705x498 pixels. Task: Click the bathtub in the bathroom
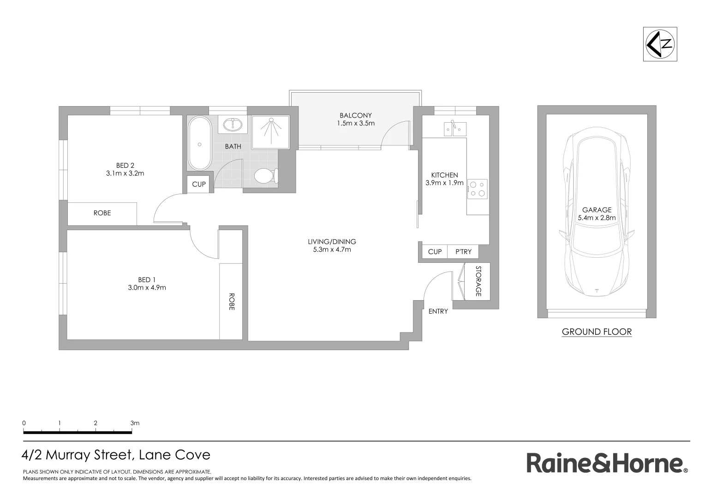199,144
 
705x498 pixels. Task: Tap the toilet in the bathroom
265,176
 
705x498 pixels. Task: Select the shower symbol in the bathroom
270,131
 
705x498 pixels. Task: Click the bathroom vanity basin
233,125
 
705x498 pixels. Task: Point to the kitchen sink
454,129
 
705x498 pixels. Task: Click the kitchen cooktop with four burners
477,189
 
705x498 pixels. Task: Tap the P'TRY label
463,252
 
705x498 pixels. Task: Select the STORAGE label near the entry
478,281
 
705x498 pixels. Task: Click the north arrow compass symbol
660,44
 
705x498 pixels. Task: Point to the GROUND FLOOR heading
597,332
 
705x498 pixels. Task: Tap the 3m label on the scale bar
135,423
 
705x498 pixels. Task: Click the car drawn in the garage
597,212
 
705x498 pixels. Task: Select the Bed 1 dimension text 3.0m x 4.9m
147,288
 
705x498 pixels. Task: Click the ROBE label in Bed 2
102,213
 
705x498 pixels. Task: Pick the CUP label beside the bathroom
199,184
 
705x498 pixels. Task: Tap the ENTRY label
438,311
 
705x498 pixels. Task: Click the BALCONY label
355,115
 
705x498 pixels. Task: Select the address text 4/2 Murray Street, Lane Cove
116,455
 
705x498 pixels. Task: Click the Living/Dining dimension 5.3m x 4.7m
332,249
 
